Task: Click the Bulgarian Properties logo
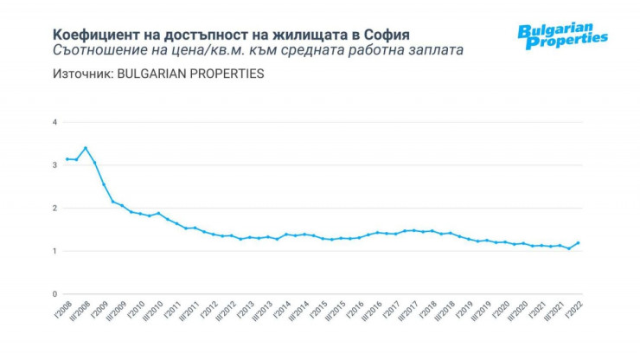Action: coord(562,35)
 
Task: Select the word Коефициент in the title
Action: coord(93,33)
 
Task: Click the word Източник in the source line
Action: coord(81,74)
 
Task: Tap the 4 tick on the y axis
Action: coord(54,123)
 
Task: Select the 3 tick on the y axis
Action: coord(54,165)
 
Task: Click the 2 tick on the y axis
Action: coord(54,209)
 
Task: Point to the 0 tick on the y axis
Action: coord(54,294)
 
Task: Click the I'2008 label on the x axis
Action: coord(61,313)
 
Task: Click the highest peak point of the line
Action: coord(85,148)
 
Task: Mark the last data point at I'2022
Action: coord(578,243)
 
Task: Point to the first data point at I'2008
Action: coord(67,159)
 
